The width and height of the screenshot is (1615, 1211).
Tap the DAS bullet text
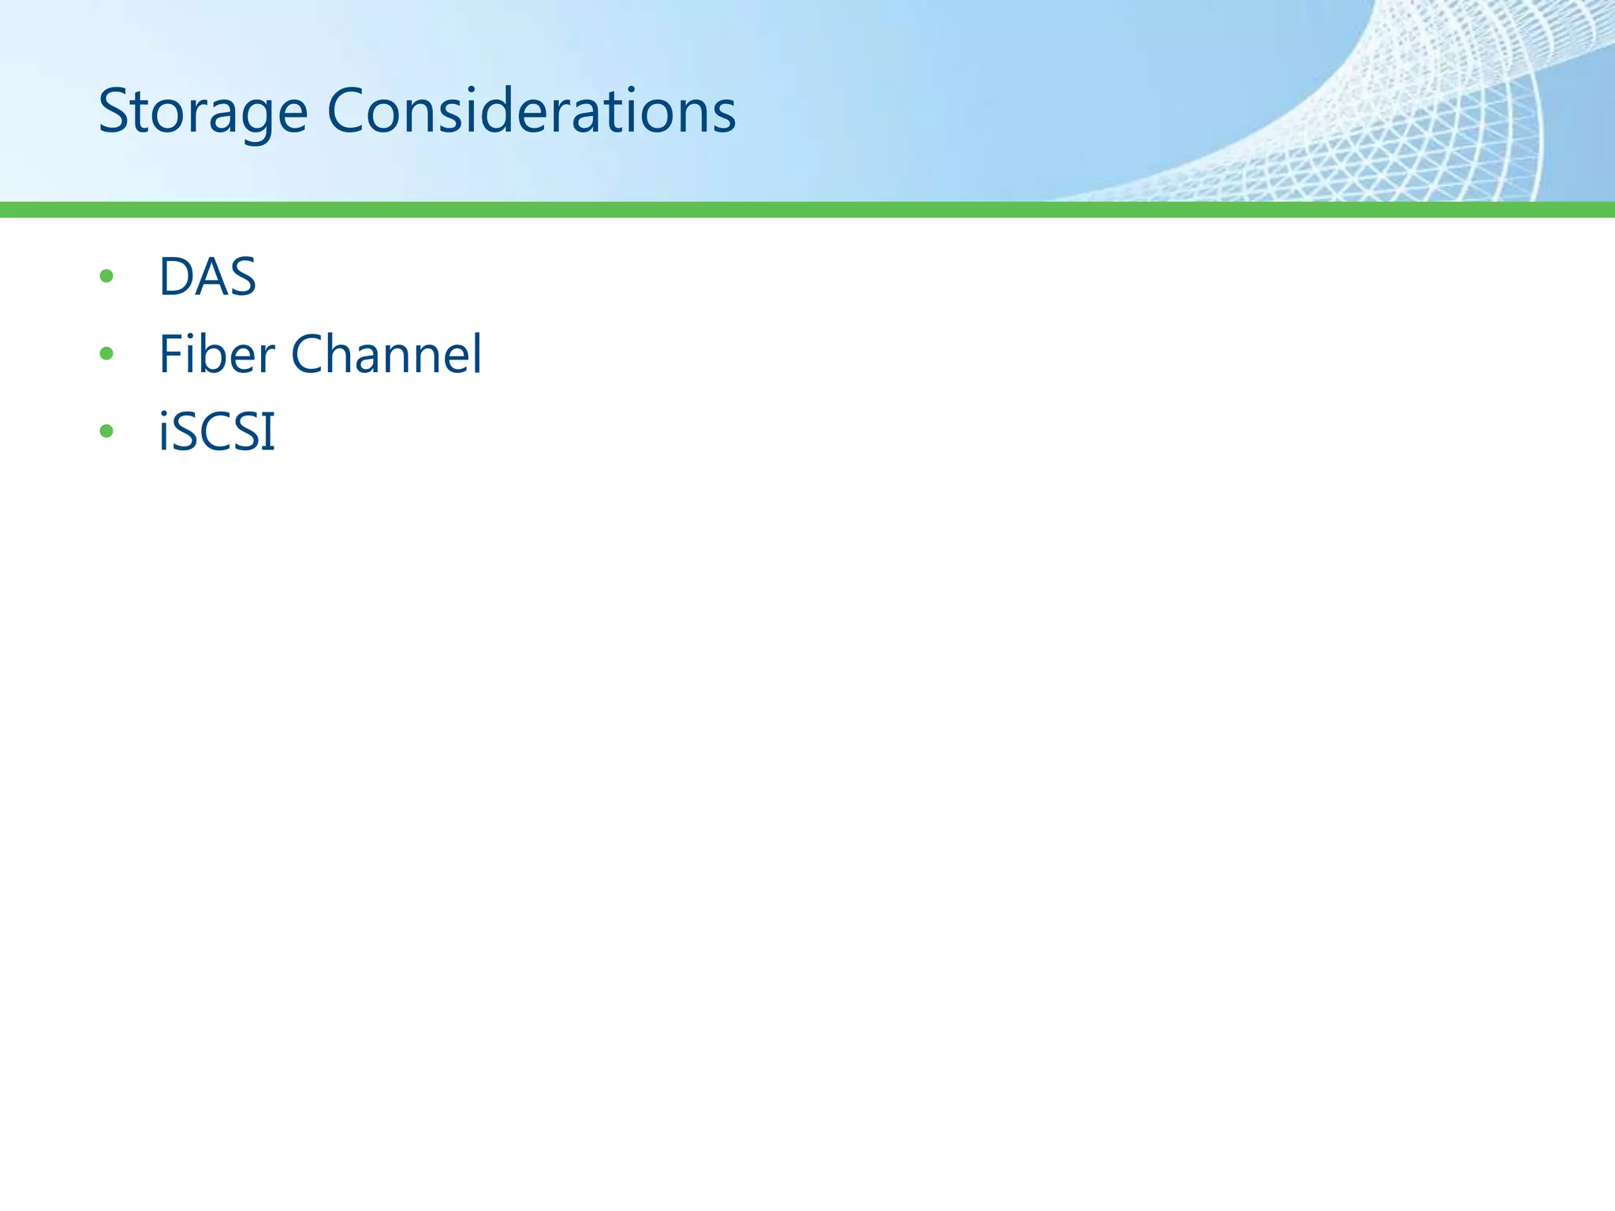(207, 277)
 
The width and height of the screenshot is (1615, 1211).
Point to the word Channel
(386, 354)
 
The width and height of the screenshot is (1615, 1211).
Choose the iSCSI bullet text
(217, 431)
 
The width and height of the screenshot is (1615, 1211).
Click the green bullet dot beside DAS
(106, 277)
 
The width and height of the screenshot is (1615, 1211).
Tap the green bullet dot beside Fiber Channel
(106, 354)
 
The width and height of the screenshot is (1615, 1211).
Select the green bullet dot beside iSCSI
(106, 431)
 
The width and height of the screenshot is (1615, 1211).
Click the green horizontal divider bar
(807, 209)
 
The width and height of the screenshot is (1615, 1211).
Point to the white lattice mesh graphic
(1419, 118)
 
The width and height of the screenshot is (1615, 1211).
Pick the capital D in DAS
(176, 277)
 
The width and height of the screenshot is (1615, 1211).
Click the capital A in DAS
(210, 277)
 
